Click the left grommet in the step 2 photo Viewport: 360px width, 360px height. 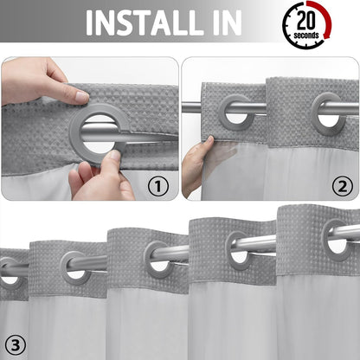(x=235, y=112)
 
